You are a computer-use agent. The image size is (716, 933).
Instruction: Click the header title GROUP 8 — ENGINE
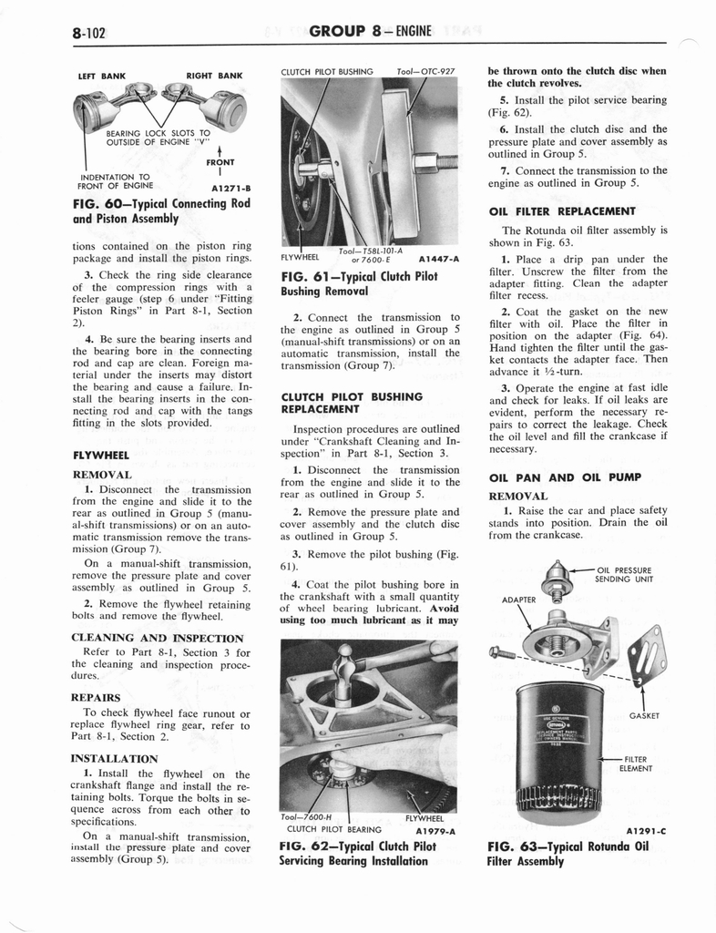(x=371, y=33)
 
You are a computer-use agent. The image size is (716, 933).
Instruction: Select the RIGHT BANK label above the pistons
(x=215, y=76)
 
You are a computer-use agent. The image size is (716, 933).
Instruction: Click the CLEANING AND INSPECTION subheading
(x=157, y=638)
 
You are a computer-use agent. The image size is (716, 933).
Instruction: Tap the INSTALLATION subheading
(x=114, y=758)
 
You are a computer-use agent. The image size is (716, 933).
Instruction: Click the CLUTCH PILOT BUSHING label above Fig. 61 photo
(x=328, y=70)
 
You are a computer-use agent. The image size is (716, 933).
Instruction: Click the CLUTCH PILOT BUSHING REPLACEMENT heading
(x=352, y=404)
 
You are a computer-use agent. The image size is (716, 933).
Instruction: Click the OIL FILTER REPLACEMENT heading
(x=562, y=211)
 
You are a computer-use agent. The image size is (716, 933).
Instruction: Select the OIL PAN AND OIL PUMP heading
(x=565, y=477)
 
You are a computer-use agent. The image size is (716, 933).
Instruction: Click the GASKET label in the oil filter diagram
(x=644, y=715)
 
